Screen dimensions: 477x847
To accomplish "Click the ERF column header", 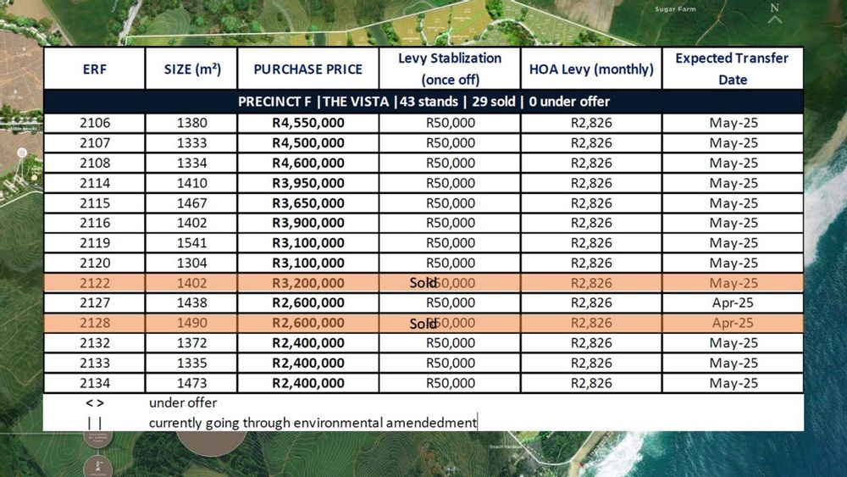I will (x=94, y=69).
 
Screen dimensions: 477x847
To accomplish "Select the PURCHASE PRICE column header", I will (x=307, y=69).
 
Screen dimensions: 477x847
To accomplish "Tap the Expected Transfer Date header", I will (x=732, y=69).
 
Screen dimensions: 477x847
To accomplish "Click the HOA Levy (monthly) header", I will (x=591, y=69).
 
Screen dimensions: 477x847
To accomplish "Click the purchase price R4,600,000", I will (x=308, y=163).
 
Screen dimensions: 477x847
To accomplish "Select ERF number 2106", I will (x=94, y=123).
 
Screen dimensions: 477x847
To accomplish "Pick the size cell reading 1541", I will (x=191, y=243).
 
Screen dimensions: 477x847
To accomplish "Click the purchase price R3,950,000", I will (x=308, y=183).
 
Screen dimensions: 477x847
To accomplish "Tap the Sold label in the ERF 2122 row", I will (x=423, y=283).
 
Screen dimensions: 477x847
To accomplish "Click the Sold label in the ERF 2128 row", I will (x=423, y=323).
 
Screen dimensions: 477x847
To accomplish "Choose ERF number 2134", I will (x=94, y=383).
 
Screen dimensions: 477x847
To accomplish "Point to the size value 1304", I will (x=191, y=263).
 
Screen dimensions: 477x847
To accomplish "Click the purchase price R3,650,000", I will (x=308, y=203).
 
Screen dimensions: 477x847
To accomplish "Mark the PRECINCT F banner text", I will (x=423, y=102).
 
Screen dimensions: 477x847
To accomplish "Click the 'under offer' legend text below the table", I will (x=183, y=403).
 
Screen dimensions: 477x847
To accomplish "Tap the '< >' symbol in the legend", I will (x=95, y=403).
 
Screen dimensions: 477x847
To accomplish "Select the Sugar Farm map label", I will (x=676, y=9).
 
